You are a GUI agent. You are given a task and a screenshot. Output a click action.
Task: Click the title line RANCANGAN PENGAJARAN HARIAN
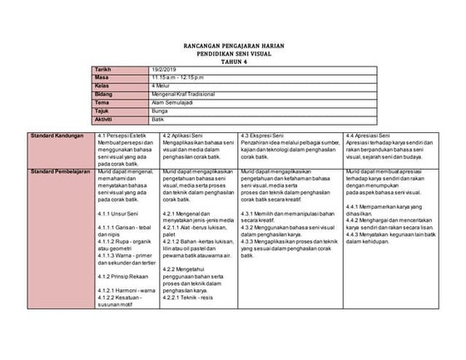[x=233, y=47]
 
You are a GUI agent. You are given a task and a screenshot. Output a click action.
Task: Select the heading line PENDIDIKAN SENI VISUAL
[x=233, y=54]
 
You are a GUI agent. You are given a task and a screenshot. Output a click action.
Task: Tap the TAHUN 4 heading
[x=233, y=62]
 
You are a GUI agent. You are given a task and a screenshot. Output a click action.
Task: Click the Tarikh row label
[x=104, y=71]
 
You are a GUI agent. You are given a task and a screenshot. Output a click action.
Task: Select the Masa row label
[x=103, y=78]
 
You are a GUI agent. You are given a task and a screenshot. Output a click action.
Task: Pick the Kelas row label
[x=104, y=86]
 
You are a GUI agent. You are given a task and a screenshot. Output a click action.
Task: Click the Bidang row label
[x=106, y=94]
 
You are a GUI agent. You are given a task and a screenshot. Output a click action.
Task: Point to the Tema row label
[x=104, y=101]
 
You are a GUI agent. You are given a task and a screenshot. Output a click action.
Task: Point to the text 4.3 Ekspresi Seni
[x=262, y=134]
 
